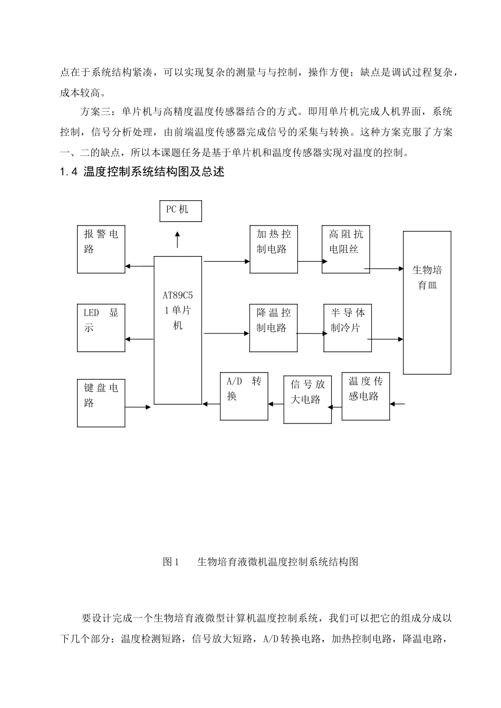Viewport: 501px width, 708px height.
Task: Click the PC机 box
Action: pyautogui.click(x=180, y=210)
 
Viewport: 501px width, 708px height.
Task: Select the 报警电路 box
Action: pyautogui.click(x=101, y=249)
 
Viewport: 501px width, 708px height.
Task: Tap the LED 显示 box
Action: pyautogui.click(x=101, y=328)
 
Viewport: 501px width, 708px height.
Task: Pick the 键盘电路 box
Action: pyautogui.click(x=101, y=403)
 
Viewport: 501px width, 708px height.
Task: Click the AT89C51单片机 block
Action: pyautogui.click(x=178, y=330)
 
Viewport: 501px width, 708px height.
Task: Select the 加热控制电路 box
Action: pyautogui.click(x=273, y=249)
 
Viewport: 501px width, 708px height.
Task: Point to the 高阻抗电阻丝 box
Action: pyautogui.click(x=346, y=249)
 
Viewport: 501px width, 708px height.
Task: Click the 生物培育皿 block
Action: pyautogui.click(x=427, y=302)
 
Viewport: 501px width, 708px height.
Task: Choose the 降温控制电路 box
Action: pyautogui.click(x=273, y=328)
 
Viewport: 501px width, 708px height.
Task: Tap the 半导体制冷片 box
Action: pyautogui.click(x=348, y=328)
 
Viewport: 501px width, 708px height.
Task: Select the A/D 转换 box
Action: pyautogui.click(x=244, y=396)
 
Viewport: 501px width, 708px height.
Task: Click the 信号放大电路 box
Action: pyautogui.click(x=307, y=399)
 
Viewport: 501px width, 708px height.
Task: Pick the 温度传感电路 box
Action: pyautogui.click(x=365, y=396)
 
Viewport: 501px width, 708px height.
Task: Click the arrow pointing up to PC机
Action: pyautogui.click(x=177, y=239)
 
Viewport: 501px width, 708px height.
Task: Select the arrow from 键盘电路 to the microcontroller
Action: pyautogui.click(x=138, y=407)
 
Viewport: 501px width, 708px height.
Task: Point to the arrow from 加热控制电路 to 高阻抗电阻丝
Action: pyautogui.click(x=310, y=261)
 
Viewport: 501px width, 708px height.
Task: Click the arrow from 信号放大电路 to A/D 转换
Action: pyautogui.click(x=276, y=404)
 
